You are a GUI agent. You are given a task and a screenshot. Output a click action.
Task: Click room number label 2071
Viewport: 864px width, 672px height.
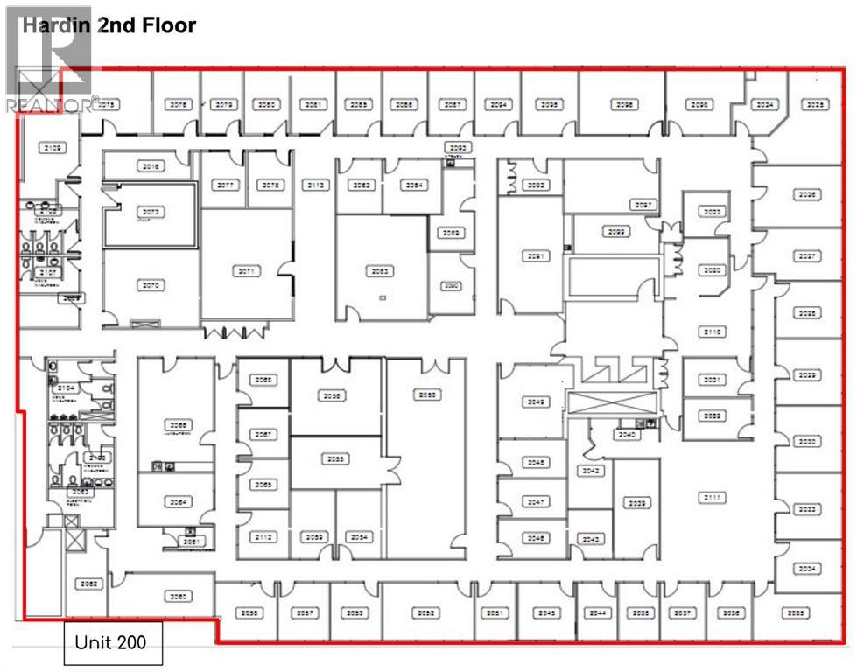(248, 271)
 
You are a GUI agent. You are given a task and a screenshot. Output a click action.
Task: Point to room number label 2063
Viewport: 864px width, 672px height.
(381, 271)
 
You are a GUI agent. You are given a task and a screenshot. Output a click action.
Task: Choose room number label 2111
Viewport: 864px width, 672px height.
(713, 497)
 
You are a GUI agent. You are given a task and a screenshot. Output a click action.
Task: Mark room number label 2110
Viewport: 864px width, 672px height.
(713, 332)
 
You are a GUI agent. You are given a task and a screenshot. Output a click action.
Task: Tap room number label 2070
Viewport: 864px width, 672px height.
(151, 285)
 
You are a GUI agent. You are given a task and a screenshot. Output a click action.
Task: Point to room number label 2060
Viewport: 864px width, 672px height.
(179, 597)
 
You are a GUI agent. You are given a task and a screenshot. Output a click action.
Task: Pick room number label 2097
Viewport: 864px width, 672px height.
(645, 205)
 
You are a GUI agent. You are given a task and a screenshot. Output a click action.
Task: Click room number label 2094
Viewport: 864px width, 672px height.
(499, 104)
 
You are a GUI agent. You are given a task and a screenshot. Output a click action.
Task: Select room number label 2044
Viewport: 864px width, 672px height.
(599, 613)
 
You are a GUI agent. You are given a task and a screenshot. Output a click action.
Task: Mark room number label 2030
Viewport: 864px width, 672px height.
(807, 441)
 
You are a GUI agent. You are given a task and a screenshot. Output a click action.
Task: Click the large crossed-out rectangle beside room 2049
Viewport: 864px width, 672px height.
(611, 405)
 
